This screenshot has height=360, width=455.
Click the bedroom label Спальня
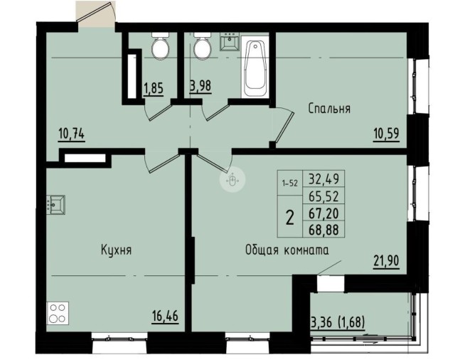point(329,109)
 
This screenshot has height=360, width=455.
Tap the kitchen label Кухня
point(116,250)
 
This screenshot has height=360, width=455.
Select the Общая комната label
point(287,250)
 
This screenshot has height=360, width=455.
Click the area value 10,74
point(71,134)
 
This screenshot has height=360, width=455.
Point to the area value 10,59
point(386,133)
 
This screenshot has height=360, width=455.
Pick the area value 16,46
point(165,315)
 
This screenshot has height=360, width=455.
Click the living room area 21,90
point(386,260)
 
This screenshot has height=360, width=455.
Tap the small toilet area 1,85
point(154,88)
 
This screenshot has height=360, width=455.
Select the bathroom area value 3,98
point(200,86)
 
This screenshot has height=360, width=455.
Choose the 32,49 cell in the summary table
point(323,179)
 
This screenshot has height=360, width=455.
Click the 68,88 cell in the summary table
point(323,230)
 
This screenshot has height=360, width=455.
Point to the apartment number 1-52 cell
point(290,184)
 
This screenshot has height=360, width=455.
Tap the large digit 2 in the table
point(290,218)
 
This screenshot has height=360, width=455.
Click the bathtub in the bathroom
point(255,68)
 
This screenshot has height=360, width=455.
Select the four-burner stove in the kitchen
point(57,313)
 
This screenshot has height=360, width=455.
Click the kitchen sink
point(55,205)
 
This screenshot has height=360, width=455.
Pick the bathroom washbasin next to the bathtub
point(229,41)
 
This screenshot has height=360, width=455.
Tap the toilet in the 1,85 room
point(161,46)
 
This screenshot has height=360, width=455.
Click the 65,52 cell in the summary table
point(323,196)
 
